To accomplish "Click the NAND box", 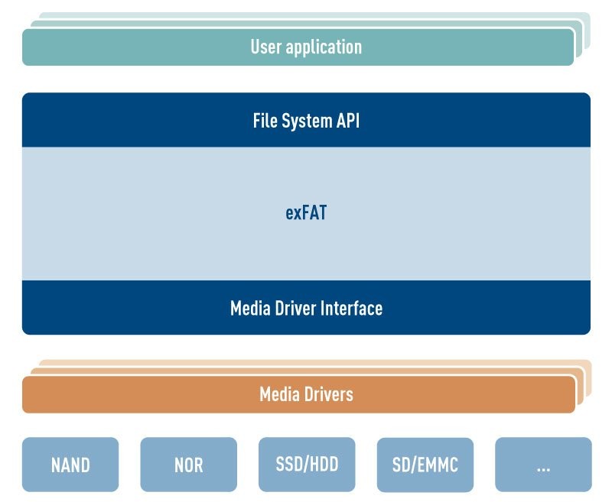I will click(70, 464).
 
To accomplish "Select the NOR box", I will click(188, 464).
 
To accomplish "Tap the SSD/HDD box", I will click(307, 464).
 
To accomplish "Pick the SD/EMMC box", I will click(425, 464).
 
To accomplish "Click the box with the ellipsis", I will click(543, 464).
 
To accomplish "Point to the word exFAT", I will click(306, 213).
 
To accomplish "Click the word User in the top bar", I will click(266, 47).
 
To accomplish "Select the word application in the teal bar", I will click(324, 47).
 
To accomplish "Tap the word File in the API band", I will click(265, 121).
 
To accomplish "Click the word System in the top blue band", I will click(305, 121).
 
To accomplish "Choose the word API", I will click(347, 121).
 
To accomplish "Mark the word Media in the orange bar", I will click(278, 394).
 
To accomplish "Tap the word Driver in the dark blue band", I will click(295, 308).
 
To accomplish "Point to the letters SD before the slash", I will click(402, 464).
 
